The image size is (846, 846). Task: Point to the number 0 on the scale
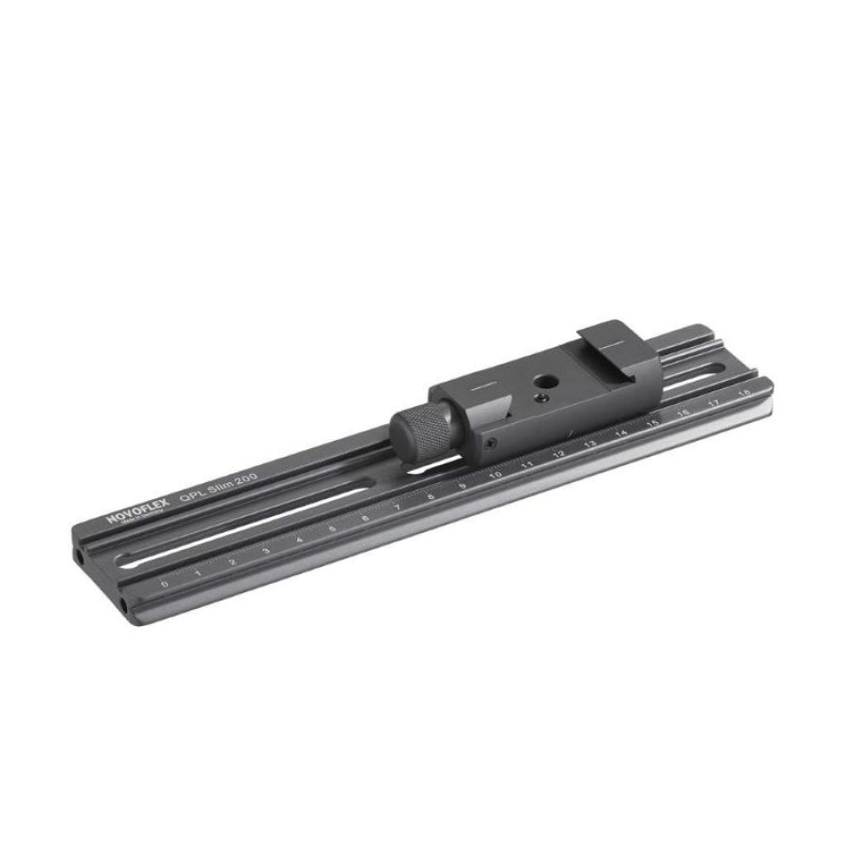pos(165,584)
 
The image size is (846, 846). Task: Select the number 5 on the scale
pos(333,528)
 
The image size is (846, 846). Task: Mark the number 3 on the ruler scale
pos(266,551)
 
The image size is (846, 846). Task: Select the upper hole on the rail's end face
pos(81,556)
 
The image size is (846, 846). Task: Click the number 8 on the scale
pos(431,496)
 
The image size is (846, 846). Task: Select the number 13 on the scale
pos(590,445)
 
